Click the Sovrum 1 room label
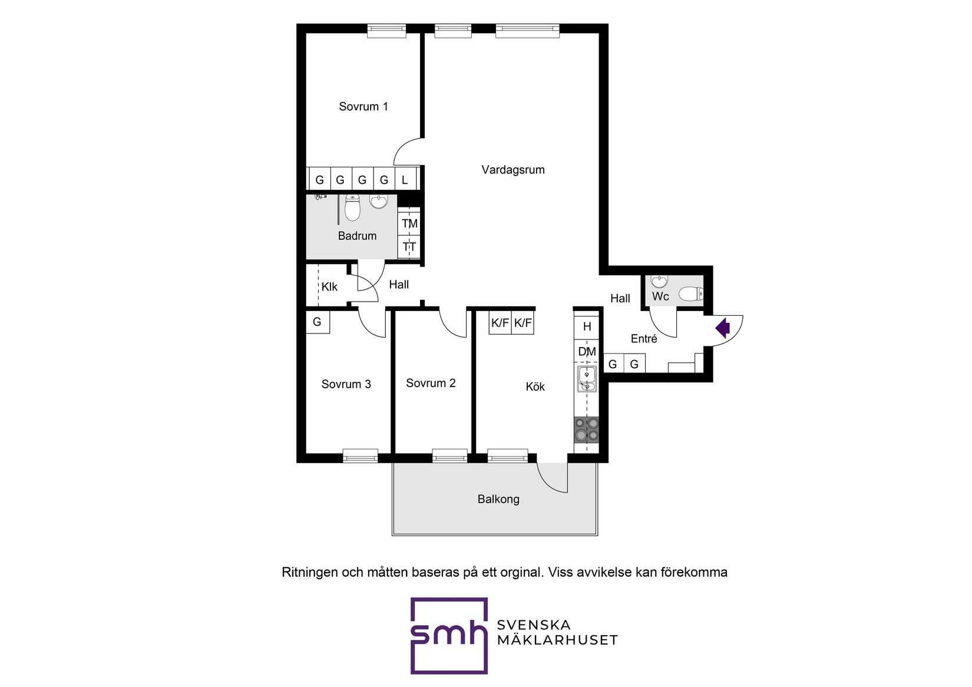(x=363, y=107)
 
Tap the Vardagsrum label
(x=513, y=170)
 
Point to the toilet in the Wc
(x=690, y=293)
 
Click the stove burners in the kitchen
(x=586, y=430)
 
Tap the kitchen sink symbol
(x=587, y=379)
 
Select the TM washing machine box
(x=409, y=224)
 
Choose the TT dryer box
(x=409, y=247)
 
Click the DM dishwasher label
(x=587, y=352)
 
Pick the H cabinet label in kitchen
(x=587, y=326)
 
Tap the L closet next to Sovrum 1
(x=405, y=180)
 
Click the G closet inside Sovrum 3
(x=317, y=322)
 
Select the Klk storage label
(x=329, y=287)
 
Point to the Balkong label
(x=498, y=499)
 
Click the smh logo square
(x=449, y=636)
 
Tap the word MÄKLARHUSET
(x=557, y=640)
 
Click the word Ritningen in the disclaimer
(x=310, y=572)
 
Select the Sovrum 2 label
(x=431, y=383)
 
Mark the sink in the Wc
(x=659, y=281)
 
